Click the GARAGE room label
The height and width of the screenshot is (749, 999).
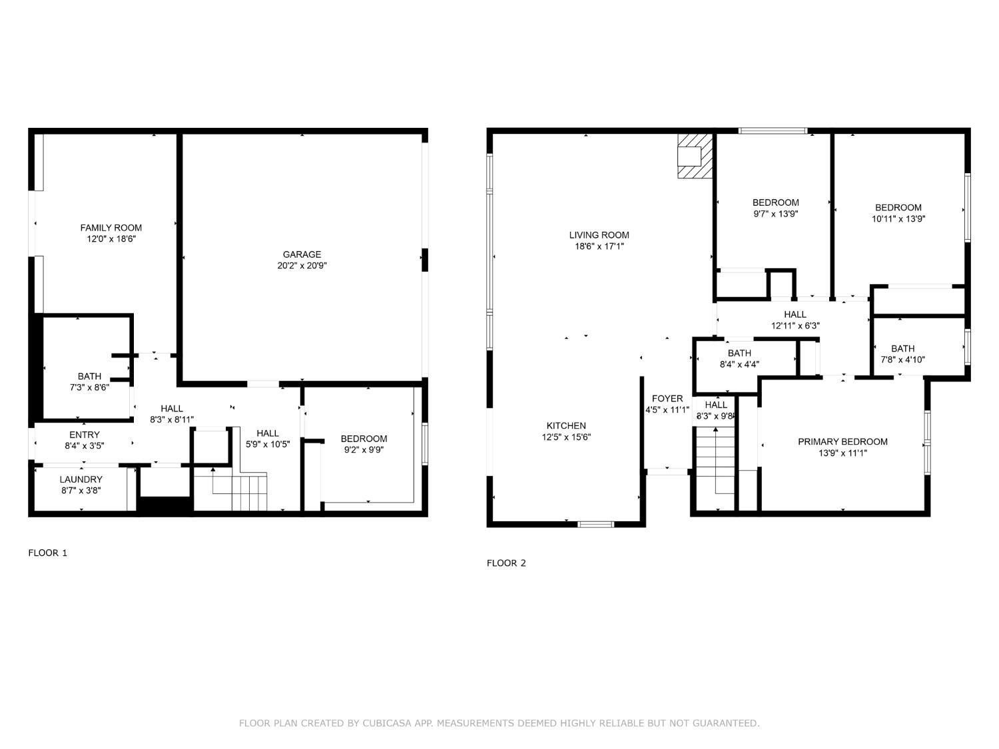302,255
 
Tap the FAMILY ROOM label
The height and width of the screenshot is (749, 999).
111,228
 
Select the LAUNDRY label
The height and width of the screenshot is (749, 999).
81,479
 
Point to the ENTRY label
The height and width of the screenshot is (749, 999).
84,435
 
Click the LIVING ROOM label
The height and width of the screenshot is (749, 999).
599,235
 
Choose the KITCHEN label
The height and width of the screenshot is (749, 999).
566,425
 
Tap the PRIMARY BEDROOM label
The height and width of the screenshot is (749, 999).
842,441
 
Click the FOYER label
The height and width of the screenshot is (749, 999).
667,399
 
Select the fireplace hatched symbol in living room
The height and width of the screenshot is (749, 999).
695,156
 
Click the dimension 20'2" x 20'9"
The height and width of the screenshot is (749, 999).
302,266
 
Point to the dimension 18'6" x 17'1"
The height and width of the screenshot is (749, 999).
599,246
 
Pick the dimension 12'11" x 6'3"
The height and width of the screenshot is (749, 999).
795,326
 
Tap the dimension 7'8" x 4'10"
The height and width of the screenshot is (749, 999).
902,360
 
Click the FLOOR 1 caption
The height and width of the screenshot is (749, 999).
48,553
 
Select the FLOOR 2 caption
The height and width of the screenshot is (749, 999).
506,563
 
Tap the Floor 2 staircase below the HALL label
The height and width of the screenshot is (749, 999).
715,468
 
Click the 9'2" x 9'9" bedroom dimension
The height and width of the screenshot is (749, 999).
364,450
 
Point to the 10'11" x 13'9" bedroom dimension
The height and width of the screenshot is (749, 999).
898,219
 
